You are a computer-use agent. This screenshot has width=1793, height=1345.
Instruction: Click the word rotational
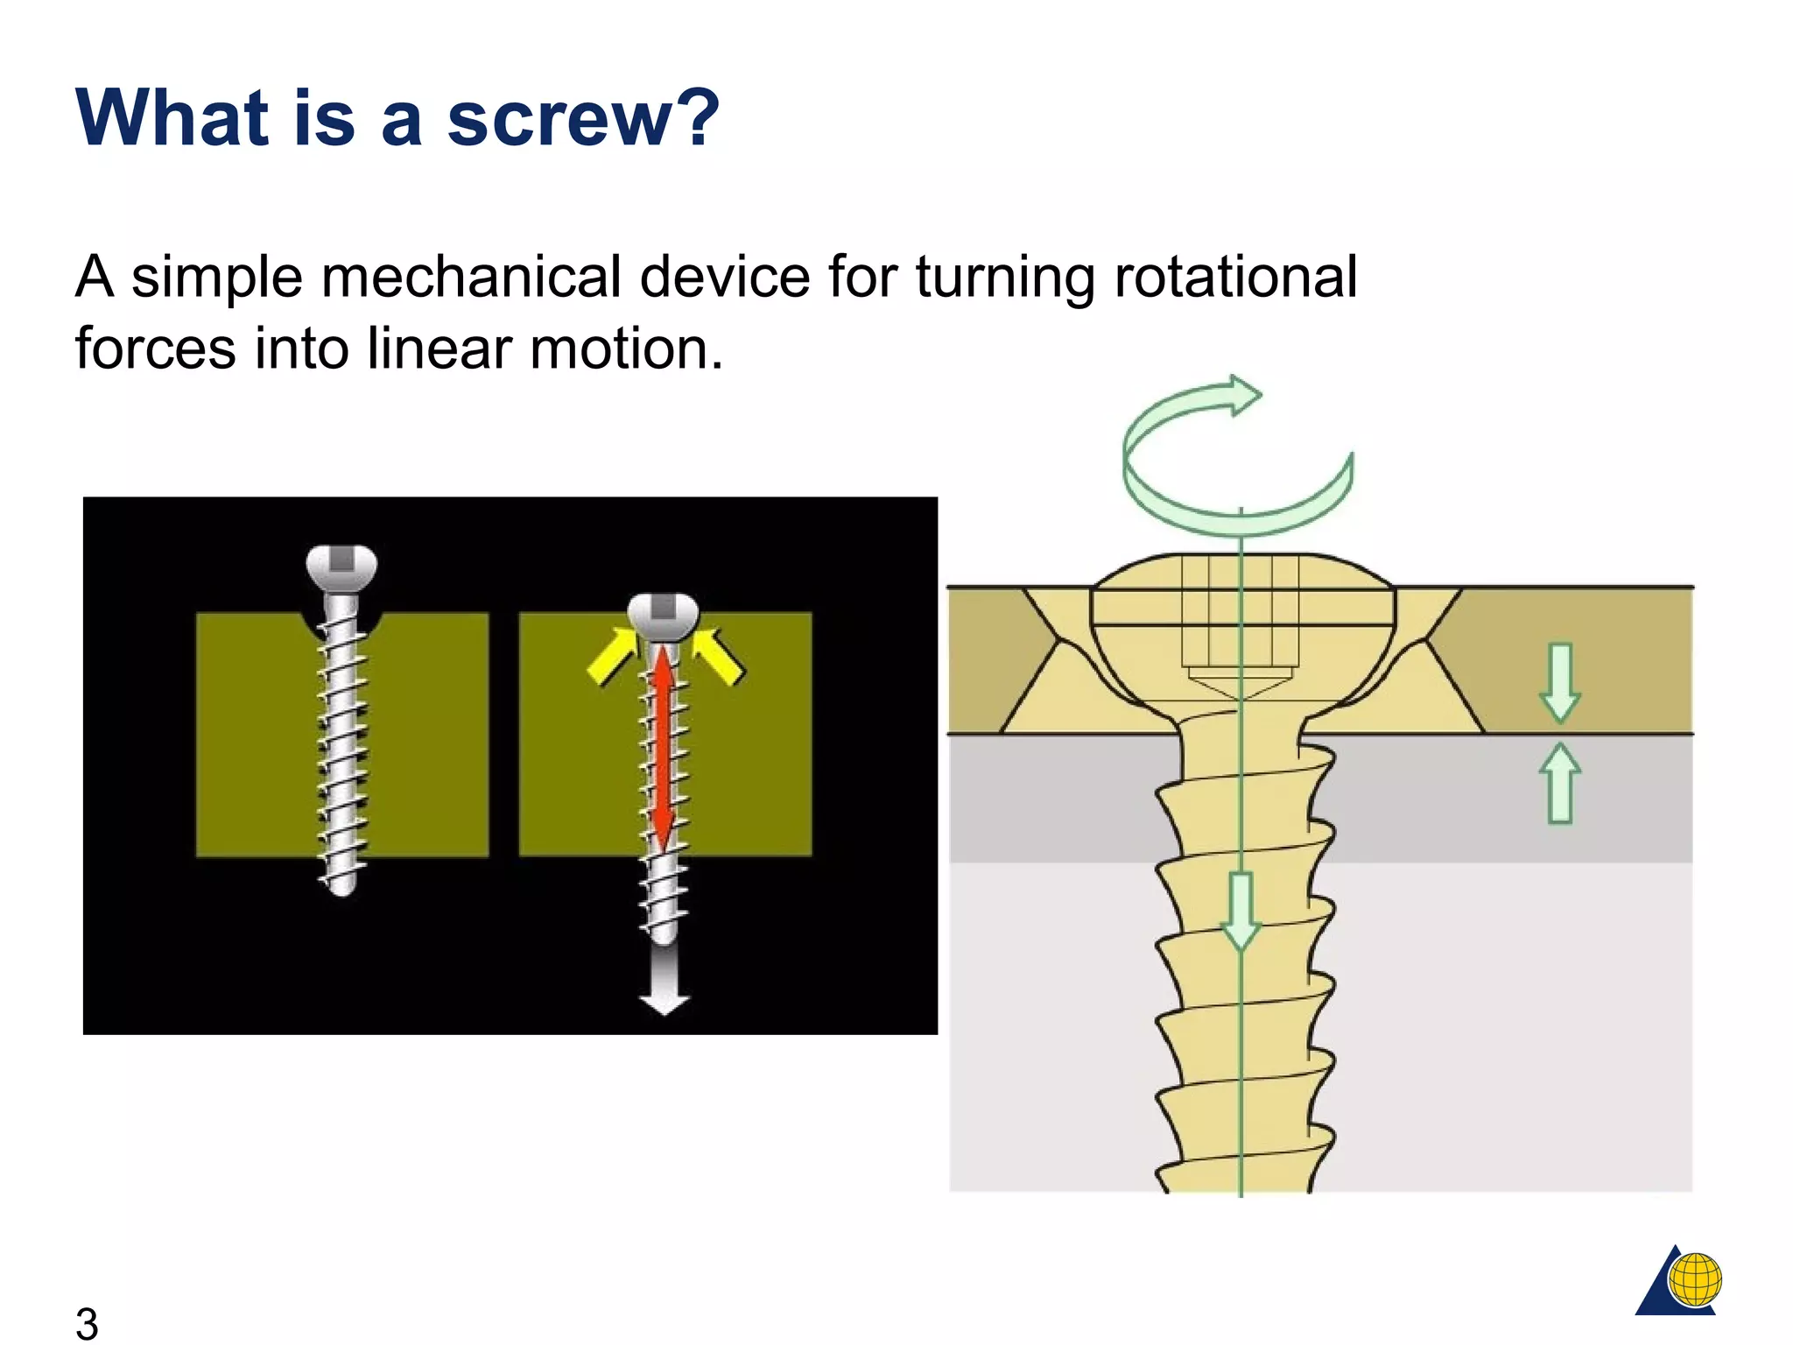pos(1235,278)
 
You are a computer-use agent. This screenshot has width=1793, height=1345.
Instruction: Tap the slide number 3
pos(87,1322)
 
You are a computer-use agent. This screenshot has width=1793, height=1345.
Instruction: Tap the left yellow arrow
pos(612,657)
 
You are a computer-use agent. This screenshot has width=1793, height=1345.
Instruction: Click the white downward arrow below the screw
pos(664,981)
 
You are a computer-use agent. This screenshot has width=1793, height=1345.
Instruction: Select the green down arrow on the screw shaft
pos(1241,911)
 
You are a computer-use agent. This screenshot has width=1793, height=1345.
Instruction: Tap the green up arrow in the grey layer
pos(1560,784)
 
